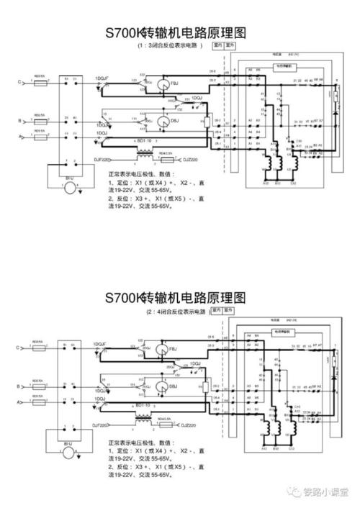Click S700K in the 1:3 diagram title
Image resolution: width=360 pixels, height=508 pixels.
(125, 32)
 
